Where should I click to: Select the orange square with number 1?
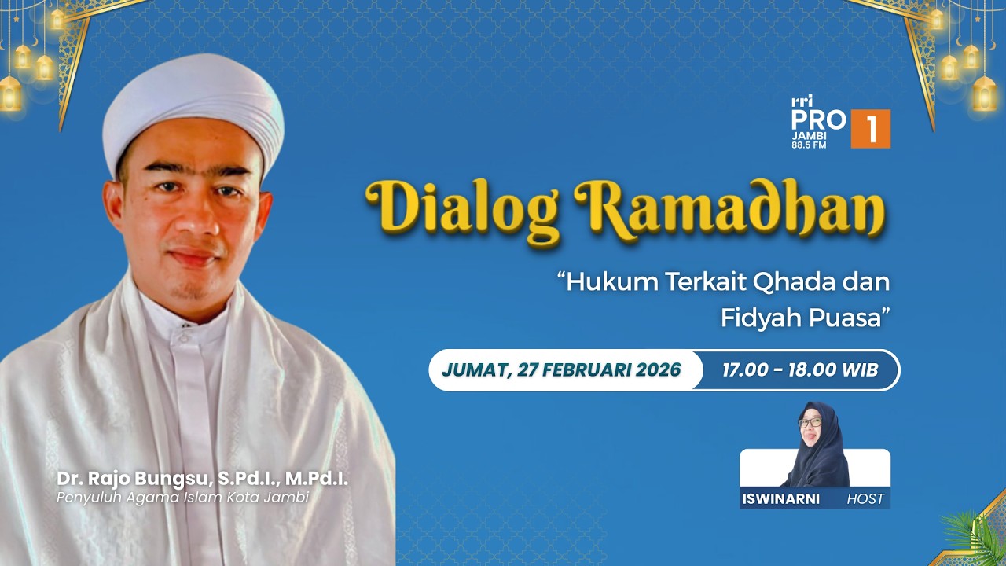[x=871, y=129]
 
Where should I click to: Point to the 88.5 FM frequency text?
[x=809, y=145]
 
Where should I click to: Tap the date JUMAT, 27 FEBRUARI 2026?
[x=561, y=370]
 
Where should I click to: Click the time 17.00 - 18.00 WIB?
[x=800, y=370]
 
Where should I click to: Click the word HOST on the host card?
[x=865, y=498]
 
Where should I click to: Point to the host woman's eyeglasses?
[x=810, y=423]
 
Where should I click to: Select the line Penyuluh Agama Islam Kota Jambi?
[x=182, y=497]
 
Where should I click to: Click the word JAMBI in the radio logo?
[x=810, y=135]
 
